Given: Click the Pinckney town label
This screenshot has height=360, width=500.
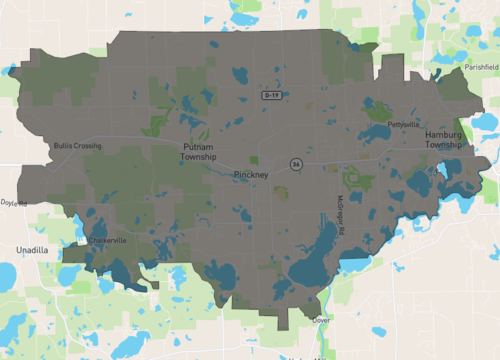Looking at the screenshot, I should pyautogui.click(x=250, y=175).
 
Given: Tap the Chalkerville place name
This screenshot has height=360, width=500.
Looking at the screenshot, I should pyautogui.click(x=108, y=240).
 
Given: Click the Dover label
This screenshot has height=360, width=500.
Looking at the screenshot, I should pyautogui.click(x=322, y=320).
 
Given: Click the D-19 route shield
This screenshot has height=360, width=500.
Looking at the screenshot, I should pyautogui.click(x=271, y=95).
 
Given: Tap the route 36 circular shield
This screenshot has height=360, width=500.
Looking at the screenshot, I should pyautogui.click(x=296, y=163).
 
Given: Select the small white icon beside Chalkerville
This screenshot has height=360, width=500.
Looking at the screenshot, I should pyautogui.click(x=82, y=241).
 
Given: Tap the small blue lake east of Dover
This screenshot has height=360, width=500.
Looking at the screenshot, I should pyautogui.click(x=352, y=321).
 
